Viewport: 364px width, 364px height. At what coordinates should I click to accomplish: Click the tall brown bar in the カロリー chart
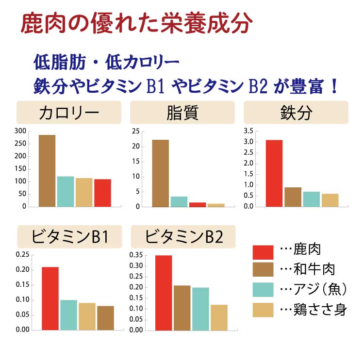[x=47, y=170]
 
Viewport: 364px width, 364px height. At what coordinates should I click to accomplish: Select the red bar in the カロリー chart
[x=102, y=193]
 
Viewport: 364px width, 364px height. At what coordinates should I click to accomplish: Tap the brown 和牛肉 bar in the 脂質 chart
[x=161, y=173]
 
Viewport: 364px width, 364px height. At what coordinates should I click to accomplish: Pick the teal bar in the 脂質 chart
[x=179, y=201]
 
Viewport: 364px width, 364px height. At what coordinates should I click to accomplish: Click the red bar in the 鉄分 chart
[x=274, y=173]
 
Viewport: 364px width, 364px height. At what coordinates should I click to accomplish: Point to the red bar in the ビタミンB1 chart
[x=50, y=298]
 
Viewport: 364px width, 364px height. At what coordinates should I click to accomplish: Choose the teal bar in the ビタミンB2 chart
[x=200, y=309]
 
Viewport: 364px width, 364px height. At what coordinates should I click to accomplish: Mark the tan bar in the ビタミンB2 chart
[x=219, y=317]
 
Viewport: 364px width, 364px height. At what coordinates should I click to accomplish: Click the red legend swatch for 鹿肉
[x=263, y=252]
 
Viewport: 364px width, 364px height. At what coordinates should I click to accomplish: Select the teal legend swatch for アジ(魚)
[x=263, y=289]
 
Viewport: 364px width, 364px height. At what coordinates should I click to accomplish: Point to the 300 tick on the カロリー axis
[x=20, y=131]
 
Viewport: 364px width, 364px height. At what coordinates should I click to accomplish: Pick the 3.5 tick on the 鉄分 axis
[x=248, y=131]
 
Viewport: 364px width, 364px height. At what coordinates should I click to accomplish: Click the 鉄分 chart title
[x=296, y=113]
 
